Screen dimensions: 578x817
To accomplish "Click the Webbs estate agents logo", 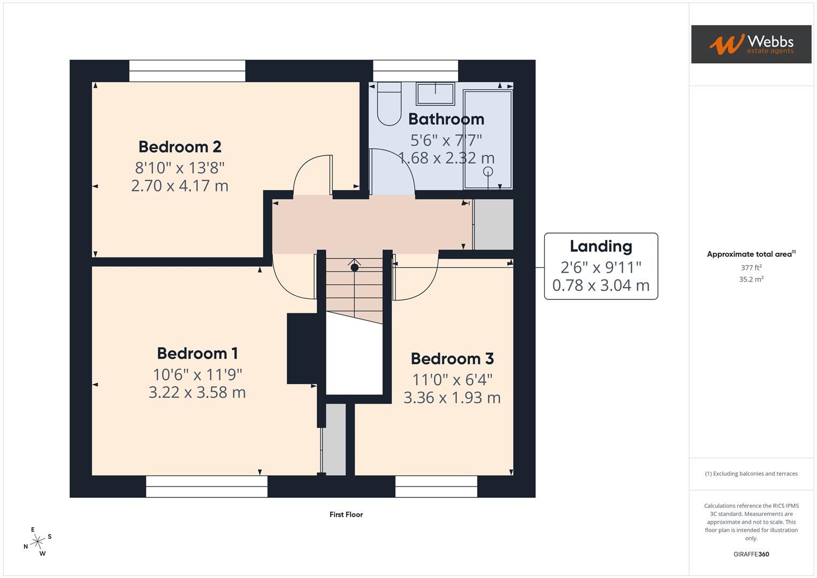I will pyautogui.click(x=751, y=44).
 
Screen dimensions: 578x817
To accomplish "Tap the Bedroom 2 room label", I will pyautogui.click(x=180, y=147).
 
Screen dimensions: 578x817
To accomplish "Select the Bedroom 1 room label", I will pyautogui.click(x=197, y=353).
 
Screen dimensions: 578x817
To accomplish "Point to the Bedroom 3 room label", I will pyautogui.click(x=452, y=359).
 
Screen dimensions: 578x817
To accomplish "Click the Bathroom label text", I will pyautogui.click(x=446, y=119).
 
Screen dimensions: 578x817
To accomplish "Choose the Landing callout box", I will pyautogui.click(x=601, y=266).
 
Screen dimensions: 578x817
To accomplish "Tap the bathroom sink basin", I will pyautogui.click(x=436, y=94).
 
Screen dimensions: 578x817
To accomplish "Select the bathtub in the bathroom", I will pyautogui.click(x=487, y=139).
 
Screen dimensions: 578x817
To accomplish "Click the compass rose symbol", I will pyautogui.click(x=37, y=542).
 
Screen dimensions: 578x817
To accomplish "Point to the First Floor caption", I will pyautogui.click(x=346, y=514).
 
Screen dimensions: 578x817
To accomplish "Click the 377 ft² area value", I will pyautogui.click(x=751, y=268).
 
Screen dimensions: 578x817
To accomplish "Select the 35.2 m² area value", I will pyautogui.click(x=751, y=279).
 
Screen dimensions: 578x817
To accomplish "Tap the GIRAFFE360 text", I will pyautogui.click(x=751, y=554).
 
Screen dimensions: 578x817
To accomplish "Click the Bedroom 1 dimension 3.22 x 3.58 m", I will pyautogui.click(x=197, y=392).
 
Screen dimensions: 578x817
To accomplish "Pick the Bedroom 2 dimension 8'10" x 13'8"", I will pyautogui.click(x=180, y=168).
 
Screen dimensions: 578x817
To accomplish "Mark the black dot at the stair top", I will pyautogui.click(x=354, y=267).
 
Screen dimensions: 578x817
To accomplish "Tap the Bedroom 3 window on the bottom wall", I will pyautogui.click(x=436, y=486).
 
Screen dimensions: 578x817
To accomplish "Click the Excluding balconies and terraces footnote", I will pyautogui.click(x=751, y=474).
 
